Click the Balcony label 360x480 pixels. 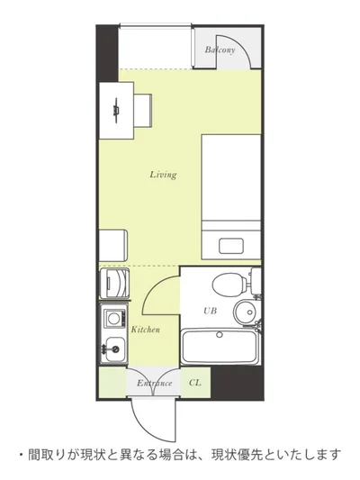point(220,50)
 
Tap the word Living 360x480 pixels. point(163,175)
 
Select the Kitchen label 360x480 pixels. point(146,330)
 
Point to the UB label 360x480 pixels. point(211,311)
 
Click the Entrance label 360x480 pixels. point(154,383)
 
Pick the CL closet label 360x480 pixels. point(195,383)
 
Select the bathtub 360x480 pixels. point(220,347)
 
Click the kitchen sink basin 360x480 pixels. point(115,349)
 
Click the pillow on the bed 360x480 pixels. point(231,246)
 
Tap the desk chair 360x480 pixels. point(143,110)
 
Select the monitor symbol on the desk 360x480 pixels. point(116,111)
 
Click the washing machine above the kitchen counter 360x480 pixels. point(114,283)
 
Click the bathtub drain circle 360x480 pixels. point(220,335)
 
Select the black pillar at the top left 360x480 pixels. point(107,53)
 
